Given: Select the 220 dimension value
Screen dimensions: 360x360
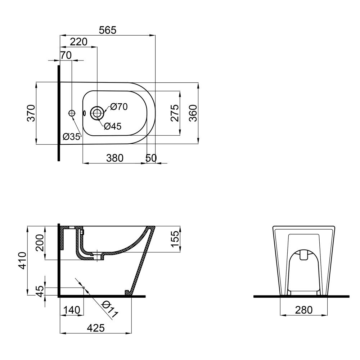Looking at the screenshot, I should click(x=78, y=42).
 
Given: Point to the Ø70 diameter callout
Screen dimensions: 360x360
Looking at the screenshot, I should click(x=119, y=107).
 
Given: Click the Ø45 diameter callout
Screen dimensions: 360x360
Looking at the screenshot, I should click(x=113, y=126).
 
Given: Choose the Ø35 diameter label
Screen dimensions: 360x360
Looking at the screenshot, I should click(x=71, y=137).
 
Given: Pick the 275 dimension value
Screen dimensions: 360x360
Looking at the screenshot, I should click(x=175, y=113).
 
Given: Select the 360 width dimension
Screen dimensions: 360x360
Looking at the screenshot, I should click(x=193, y=113).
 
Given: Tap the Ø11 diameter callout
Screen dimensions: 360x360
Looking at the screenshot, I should click(x=109, y=309).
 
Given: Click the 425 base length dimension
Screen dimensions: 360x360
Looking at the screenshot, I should click(x=95, y=328).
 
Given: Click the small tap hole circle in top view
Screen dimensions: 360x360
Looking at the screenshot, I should click(x=72, y=113).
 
